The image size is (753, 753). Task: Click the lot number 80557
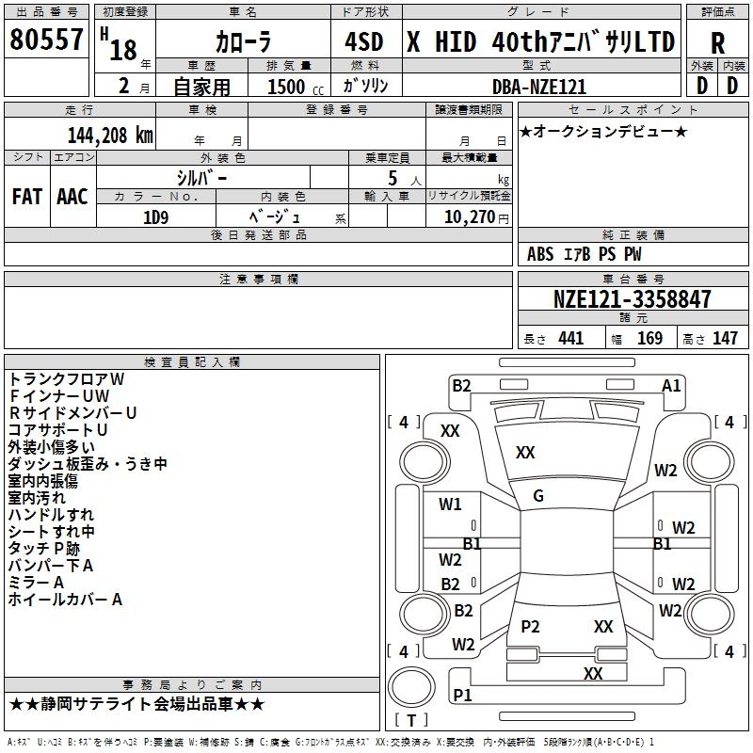tap(46, 39)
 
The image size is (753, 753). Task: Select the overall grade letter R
tap(717, 43)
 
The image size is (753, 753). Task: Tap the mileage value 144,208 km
tap(110, 136)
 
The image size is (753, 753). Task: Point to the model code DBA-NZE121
tap(539, 87)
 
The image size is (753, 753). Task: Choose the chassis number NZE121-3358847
tap(632, 299)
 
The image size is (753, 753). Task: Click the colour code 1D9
tap(156, 217)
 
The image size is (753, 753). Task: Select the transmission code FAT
tap(27, 197)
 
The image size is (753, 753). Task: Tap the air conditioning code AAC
tap(72, 197)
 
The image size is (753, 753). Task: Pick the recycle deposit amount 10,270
tap(470, 217)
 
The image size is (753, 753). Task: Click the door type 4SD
tap(364, 41)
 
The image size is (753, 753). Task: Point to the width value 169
tap(649, 338)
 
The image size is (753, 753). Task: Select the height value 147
tap(725, 338)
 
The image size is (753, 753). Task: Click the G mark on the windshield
tap(538, 496)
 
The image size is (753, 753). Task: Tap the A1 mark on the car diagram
tap(671, 386)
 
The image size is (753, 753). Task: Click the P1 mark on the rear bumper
tap(462, 695)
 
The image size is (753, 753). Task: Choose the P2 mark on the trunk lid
tap(530, 626)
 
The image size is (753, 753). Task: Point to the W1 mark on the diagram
tap(450, 505)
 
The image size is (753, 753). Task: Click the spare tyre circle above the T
tap(411, 687)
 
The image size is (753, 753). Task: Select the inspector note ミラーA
tap(36, 583)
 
